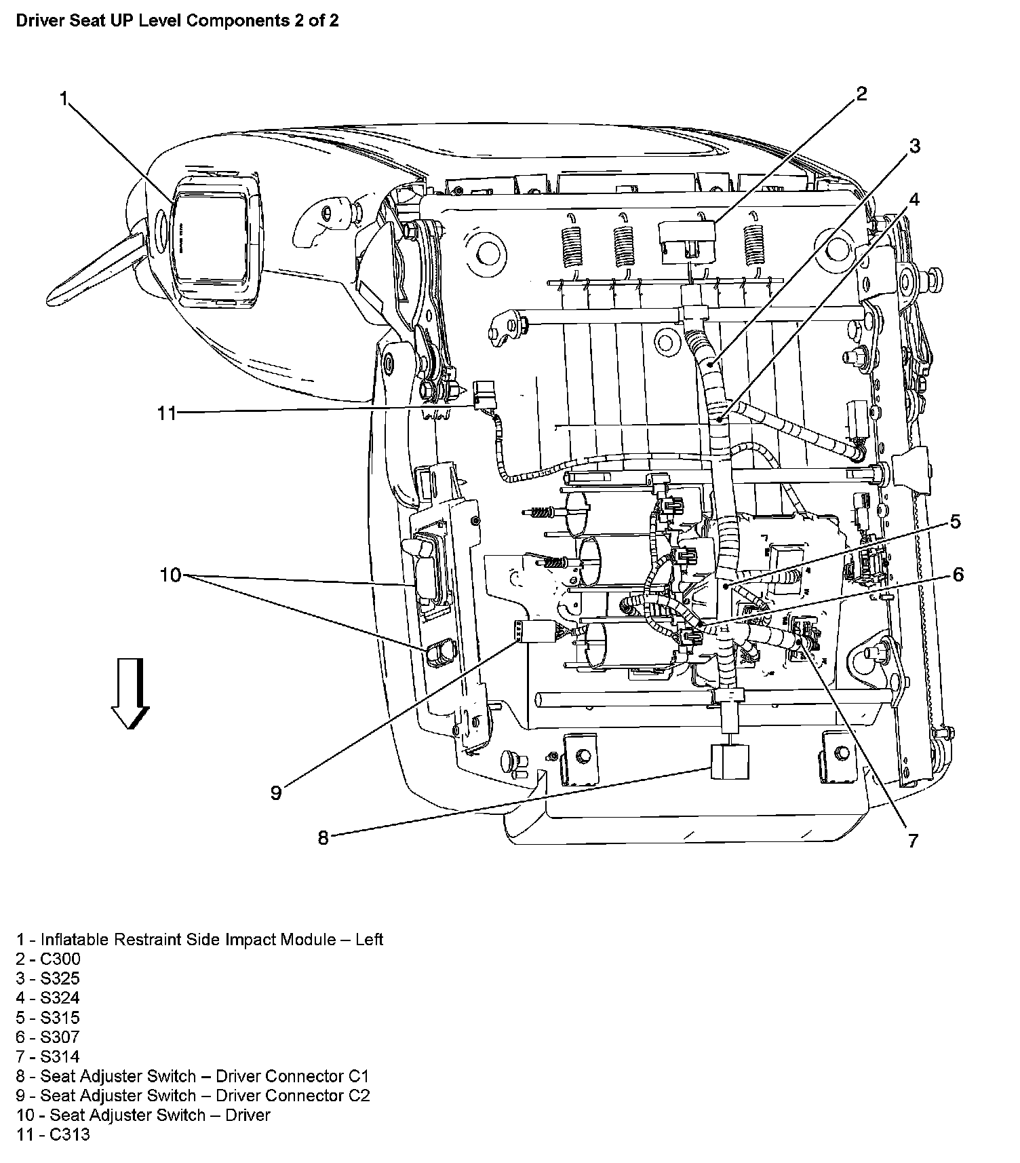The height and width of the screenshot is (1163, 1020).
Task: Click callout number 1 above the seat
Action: point(64,99)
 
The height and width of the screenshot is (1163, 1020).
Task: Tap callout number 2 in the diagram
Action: point(861,94)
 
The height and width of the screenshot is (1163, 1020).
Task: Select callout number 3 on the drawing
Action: point(914,146)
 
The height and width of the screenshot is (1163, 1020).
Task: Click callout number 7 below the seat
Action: point(913,841)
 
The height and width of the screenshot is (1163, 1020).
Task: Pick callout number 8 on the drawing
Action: point(323,838)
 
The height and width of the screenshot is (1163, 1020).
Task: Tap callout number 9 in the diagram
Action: point(276,793)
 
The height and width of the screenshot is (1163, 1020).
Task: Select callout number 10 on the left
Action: point(170,575)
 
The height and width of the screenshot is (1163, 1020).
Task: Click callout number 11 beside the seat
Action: point(167,413)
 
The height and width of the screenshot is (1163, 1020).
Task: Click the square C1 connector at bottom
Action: point(730,762)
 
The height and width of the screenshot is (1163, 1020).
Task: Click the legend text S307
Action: point(60,1037)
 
